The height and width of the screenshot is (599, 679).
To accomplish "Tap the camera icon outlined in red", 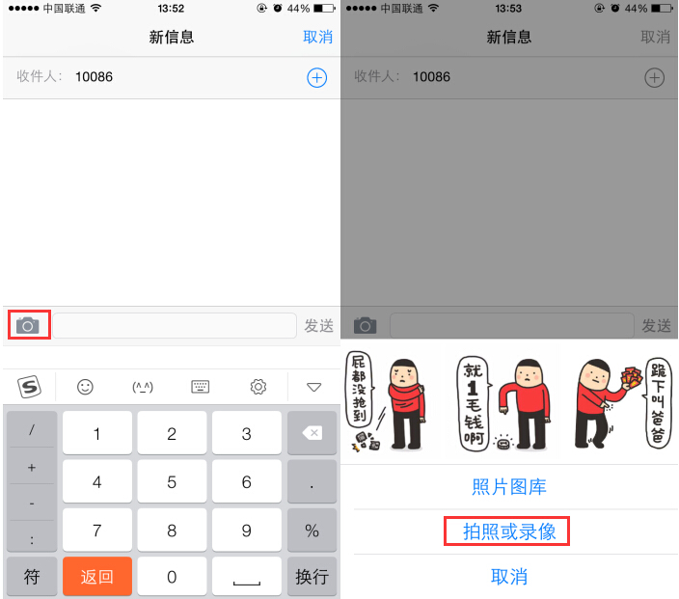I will tap(28, 325).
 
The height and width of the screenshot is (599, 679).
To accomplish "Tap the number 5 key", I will tap(172, 481).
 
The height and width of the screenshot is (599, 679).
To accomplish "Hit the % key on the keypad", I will tap(312, 530).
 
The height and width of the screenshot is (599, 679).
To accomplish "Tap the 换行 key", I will tap(312, 577).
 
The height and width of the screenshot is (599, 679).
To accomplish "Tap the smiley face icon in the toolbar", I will tap(86, 387).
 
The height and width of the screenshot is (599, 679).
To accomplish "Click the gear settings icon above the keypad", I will tap(258, 387).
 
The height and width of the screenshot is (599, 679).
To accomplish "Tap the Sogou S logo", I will tap(30, 387).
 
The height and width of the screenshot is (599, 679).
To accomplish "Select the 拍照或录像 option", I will tap(508, 531).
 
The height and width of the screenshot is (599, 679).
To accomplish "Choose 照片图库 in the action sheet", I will tap(508, 487).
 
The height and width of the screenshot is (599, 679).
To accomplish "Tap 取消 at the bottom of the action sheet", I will tap(508, 577).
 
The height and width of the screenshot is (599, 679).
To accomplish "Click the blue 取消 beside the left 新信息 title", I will tap(317, 38).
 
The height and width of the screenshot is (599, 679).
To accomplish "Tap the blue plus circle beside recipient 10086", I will tap(316, 77).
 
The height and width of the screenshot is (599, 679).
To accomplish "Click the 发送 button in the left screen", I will tap(318, 326).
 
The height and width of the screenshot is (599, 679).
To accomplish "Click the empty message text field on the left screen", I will tap(175, 326).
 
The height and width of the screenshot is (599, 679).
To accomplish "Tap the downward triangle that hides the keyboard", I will tap(312, 387).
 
